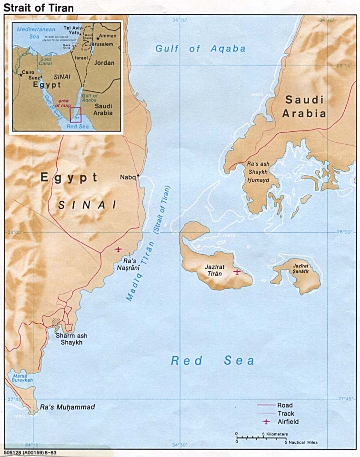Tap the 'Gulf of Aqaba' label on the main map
200,49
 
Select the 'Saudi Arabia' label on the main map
305,107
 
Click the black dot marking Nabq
138,176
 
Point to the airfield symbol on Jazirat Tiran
237,272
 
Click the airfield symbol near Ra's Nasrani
119,249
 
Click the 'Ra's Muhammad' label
67,407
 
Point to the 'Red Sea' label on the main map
212,361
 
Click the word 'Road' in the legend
285,405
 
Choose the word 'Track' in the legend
286,413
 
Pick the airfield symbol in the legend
266,422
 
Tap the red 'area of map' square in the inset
76,114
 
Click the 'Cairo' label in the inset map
28,72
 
